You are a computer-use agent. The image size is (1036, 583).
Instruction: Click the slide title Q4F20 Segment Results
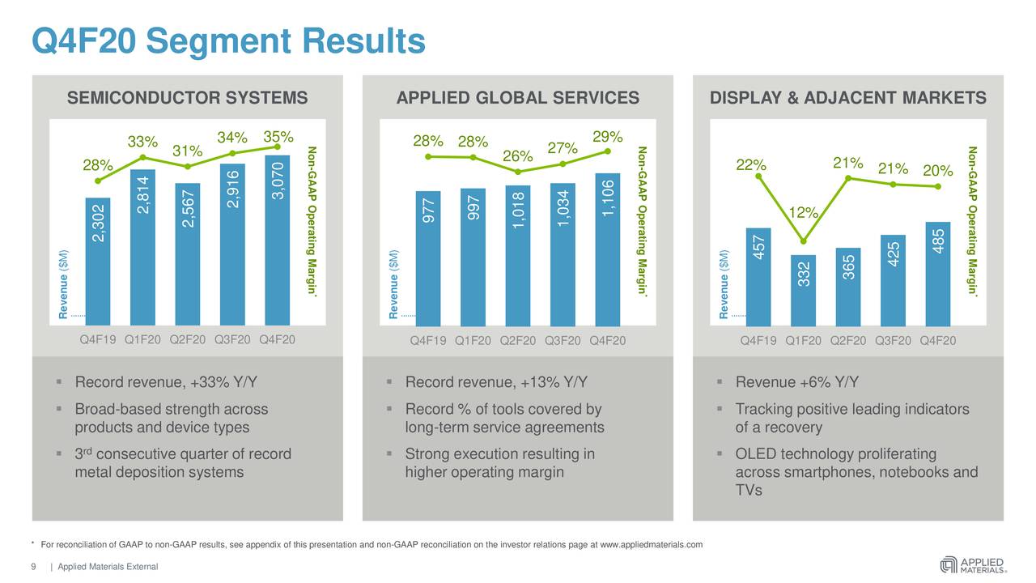pyautogui.click(x=227, y=41)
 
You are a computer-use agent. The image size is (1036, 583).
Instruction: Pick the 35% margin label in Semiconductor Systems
pyautogui.click(x=278, y=136)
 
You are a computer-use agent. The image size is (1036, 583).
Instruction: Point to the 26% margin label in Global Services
pyautogui.click(x=516, y=155)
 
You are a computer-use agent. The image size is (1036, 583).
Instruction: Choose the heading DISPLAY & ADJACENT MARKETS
pyautogui.click(x=847, y=99)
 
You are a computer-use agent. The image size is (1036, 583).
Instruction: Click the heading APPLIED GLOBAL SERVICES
pyautogui.click(x=517, y=99)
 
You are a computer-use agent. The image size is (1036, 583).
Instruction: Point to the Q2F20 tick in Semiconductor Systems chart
pyautogui.click(x=187, y=340)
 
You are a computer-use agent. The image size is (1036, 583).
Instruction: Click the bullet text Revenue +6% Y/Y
pyautogui.click(x=796, y=383)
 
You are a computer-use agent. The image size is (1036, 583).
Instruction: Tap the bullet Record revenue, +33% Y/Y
pyautogui.click(x=166, y=383)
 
